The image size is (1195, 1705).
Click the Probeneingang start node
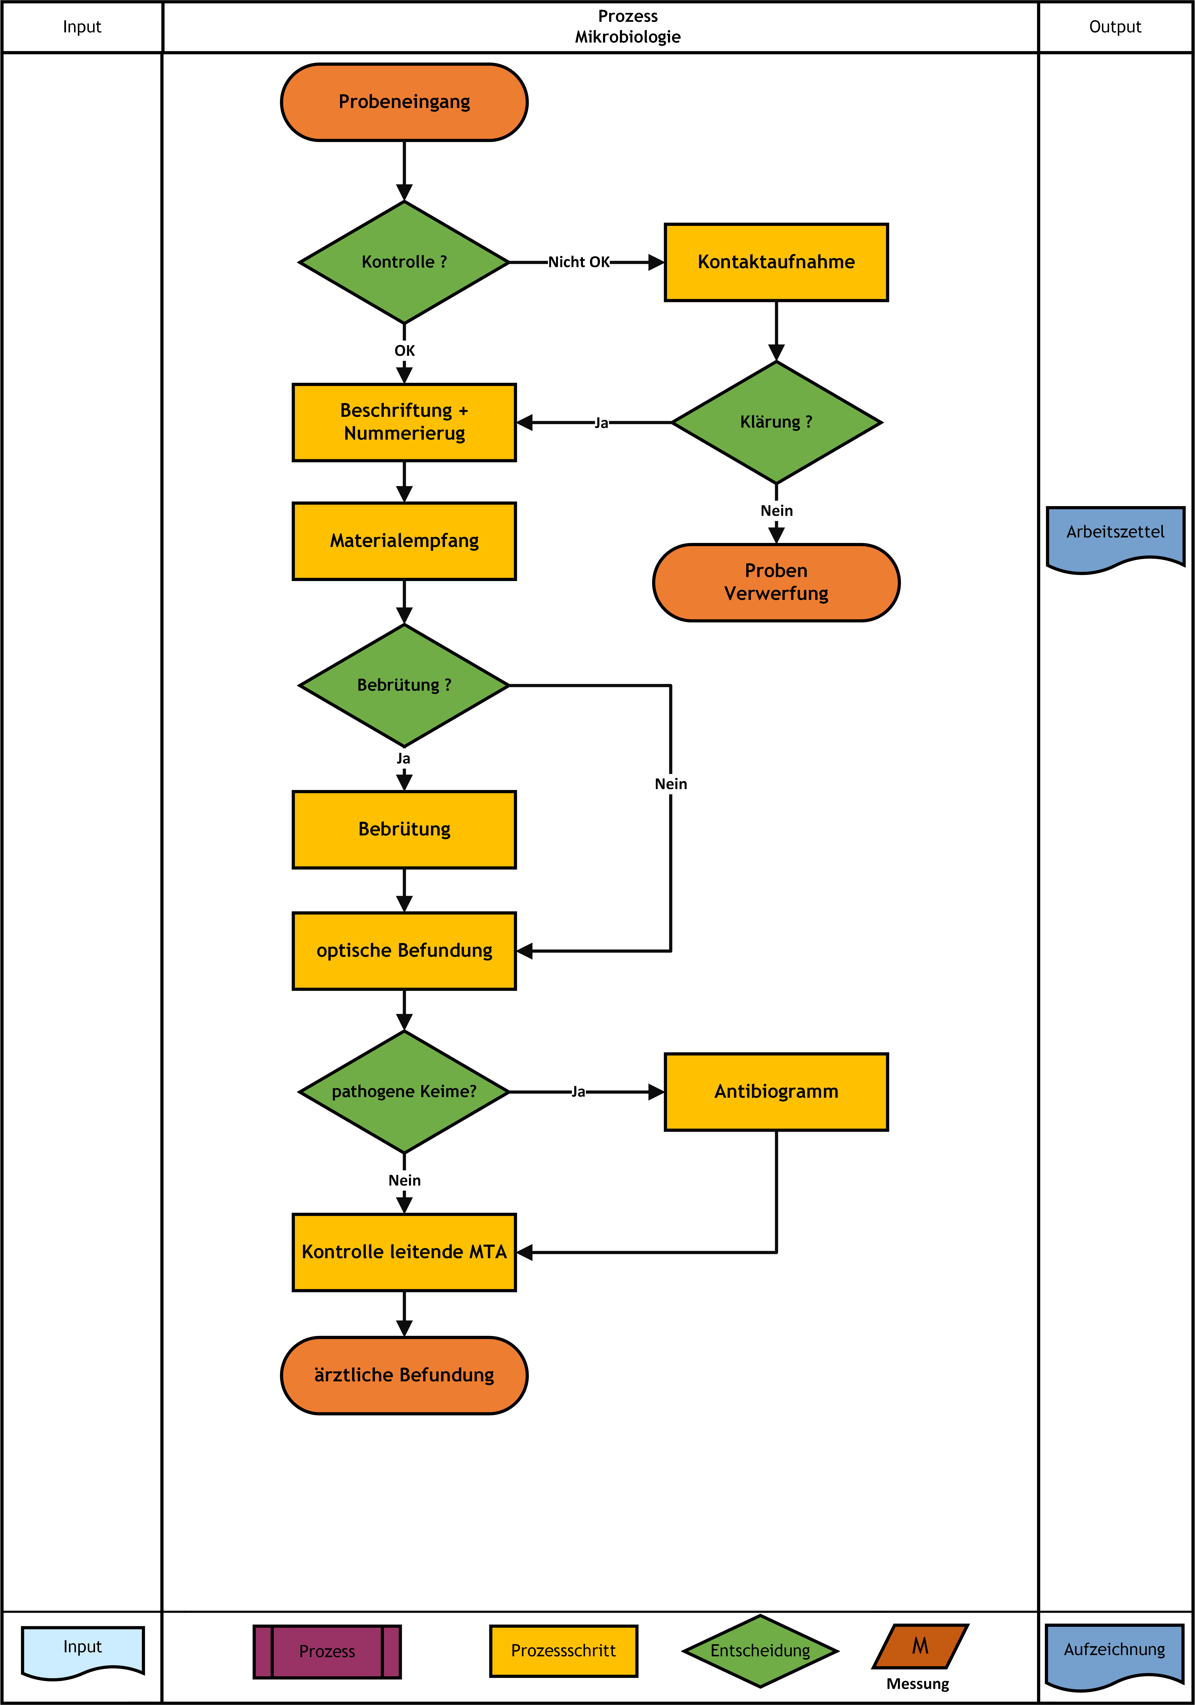pyautogui.click(x=404, y=102)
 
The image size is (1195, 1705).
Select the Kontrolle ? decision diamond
pyautogui.click(x=404, y=262)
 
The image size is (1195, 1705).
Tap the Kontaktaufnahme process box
pyautogui.click(x=776, y=262)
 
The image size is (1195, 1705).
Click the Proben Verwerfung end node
pyautogui.click(x=776, y=582)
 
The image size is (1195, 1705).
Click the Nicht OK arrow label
pyautogui.click(x=579, y=262)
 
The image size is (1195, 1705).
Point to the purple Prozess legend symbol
pyautogui.click(x=327, y=1651)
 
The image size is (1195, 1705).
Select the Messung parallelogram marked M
pyautogui.click(x=920, y=1646)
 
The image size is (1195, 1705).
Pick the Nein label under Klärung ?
pyautogui.click(x=776, y=511)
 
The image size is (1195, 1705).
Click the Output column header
pyautogui.click(x=1115, y=27)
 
